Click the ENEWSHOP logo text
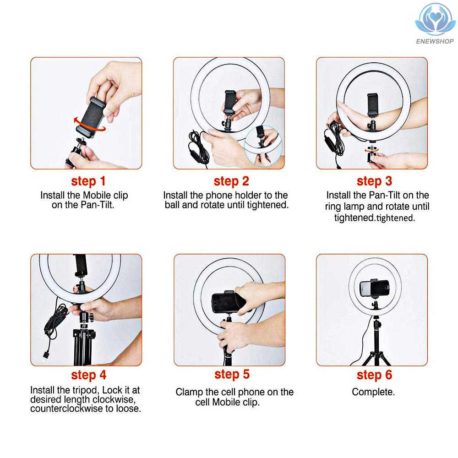435,41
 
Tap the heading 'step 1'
88,181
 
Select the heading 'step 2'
231,181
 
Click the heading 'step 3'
374,181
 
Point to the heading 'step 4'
88,376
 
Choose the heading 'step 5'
232,375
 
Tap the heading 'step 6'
374,375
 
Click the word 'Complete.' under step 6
373,392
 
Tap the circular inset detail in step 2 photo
262,145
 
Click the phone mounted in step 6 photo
374,288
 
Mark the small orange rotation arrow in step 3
371,150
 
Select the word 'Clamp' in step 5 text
189,392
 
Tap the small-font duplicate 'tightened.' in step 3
395,218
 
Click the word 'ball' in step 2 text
172,205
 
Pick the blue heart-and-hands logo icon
435,20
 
